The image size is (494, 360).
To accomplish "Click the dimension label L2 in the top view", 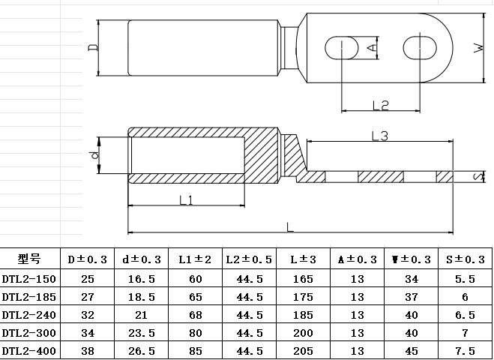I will pos(381,106).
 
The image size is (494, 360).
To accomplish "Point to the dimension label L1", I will pos(187,199).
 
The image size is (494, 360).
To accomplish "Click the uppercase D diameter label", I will pos(92,48).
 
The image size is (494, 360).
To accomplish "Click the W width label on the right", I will pos(478,49).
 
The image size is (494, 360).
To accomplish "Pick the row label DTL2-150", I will pos(29,278).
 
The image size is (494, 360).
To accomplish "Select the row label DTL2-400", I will pos(29,350).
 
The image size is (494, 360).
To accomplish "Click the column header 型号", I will pos(29,259).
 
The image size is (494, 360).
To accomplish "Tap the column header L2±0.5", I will pos(249,259).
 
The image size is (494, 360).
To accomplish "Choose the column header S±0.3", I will pos(465,259).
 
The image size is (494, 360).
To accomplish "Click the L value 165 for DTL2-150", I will pos(303,278).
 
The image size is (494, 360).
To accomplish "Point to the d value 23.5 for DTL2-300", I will pos(142,332).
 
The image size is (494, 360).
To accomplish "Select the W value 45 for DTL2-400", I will pos(410,350).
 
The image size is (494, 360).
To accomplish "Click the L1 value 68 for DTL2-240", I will pos(196,314).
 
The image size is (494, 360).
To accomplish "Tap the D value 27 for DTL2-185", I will pos(88,296).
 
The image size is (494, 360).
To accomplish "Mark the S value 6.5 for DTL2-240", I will pos(465,314).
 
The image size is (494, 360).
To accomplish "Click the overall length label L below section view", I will pos(290,226).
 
